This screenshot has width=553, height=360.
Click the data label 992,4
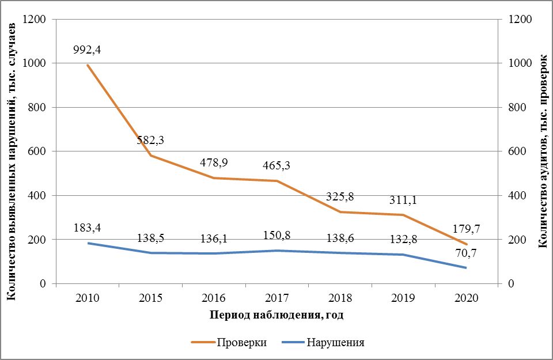pyautogui.click(x=87, y=50)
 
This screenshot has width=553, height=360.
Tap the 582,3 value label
pyautogui.click(x=151, y=140)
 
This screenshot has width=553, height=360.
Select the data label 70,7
pyautogui.click(x=465, y=252)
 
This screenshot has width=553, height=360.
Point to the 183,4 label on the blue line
pyautogui.click(x=87, y=229)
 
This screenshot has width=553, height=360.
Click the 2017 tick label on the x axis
pyautogui.click(x=276, y=298)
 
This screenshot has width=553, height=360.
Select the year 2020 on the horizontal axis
pyautogui.click(x=465, y=298)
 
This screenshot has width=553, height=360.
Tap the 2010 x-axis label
pyautogui.click(x=87, y=298)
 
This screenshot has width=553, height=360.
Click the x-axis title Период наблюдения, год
pyautogui.click(x=276, y=316)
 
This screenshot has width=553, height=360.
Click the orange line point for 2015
pyautogui.click(x=151, y=156)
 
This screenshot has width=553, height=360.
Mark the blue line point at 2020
pyautogui.click(x=465, y=268)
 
